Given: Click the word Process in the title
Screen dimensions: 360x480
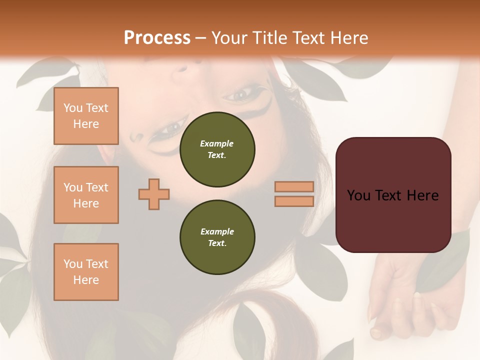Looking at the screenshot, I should coord(157,38).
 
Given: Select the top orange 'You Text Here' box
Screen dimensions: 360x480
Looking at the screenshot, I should coord(86,116).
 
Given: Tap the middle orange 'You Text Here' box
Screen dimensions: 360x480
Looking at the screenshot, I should coord(86,195).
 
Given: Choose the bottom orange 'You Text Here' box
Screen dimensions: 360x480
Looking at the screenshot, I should coord(86,272).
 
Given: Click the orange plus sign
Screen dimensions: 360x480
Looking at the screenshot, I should coord(154,194).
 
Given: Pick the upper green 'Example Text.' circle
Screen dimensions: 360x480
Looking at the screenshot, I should coord(217,149).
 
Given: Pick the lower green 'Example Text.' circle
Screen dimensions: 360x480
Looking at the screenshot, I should coord(217,237).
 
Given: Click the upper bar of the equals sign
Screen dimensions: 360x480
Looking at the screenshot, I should coord(294,186).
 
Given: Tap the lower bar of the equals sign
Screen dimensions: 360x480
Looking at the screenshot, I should coord(294,201).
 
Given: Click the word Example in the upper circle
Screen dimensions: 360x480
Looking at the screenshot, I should coord(217,143).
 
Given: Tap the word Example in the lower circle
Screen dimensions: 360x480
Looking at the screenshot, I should coord(217,231).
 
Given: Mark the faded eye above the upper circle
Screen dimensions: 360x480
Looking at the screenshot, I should coord(243,93).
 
